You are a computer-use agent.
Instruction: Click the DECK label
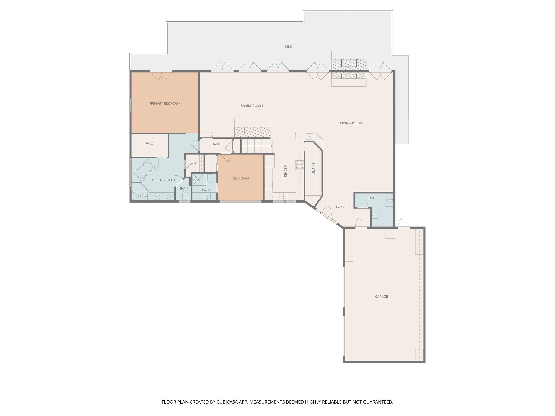point(289,47)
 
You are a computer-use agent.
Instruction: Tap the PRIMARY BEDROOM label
point(165,103)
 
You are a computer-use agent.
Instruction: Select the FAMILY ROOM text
point(251,106)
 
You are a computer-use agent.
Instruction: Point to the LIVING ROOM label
point(351,123)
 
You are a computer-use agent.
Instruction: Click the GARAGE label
point(381,297)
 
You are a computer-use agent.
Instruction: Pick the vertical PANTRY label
point(313,169)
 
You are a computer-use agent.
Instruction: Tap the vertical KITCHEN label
point(285,171)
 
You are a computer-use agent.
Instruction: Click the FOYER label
point(341,207)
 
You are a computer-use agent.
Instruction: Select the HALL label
point(216,144)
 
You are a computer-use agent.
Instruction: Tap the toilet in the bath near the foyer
point(377,216)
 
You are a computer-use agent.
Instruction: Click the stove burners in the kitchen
point(299,165)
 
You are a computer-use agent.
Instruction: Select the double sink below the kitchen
point(284,196)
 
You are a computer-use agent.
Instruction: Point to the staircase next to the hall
point(256,146)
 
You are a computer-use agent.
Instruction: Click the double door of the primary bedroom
point(161,76)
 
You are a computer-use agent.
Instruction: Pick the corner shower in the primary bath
point(139,192)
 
